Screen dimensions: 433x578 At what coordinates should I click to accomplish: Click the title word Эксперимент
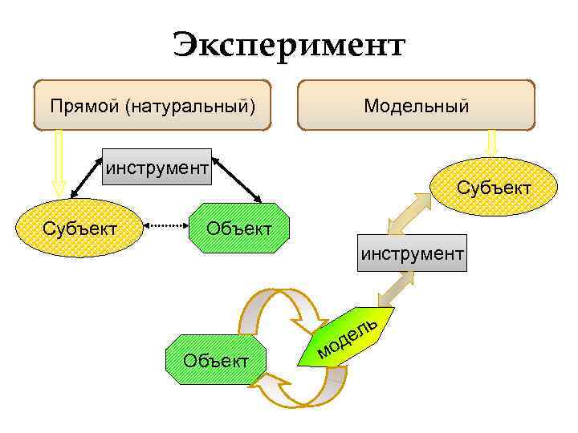pyautogui.click(x=289, y=45)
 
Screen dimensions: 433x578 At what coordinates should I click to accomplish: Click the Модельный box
pyautogui.click(x=416, y=105)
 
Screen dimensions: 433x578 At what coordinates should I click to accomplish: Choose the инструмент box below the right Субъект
pyautogui.click(x=412, y=253)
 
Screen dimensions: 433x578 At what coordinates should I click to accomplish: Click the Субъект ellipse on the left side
pyautogui.click(x=79, y=229)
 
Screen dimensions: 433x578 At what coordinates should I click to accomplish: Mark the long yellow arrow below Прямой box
pyautogui.click(x=58, y=164)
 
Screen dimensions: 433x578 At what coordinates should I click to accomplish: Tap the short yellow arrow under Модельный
pyautogui.click(x=492, y=143)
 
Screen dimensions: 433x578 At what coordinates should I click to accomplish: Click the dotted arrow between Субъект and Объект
pyautogui.click(x=168, y=228)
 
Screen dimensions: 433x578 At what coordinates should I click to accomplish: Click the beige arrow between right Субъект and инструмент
pyautogui.click(x=406, y=212)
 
